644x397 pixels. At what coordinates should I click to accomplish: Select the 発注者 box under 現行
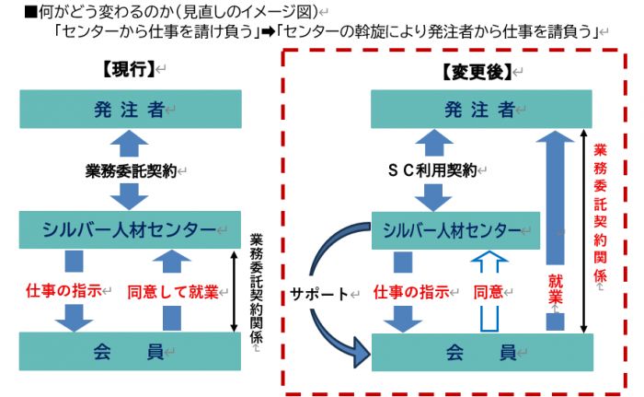coord(130,110)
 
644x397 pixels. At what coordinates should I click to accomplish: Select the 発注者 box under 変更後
coord(480,110)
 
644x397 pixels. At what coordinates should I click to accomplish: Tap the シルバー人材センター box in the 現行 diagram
coord(130,229)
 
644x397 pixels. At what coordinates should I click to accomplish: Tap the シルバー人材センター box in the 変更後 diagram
coord(454,230)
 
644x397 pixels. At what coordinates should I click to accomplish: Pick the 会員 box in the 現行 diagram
coord(130,351)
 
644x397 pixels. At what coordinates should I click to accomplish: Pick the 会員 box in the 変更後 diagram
coord(480,352)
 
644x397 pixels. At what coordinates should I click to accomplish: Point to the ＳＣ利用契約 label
coord(431,170)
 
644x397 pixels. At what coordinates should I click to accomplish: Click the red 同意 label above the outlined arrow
coord(489,292)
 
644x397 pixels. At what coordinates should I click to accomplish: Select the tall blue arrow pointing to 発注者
coord(553,212)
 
